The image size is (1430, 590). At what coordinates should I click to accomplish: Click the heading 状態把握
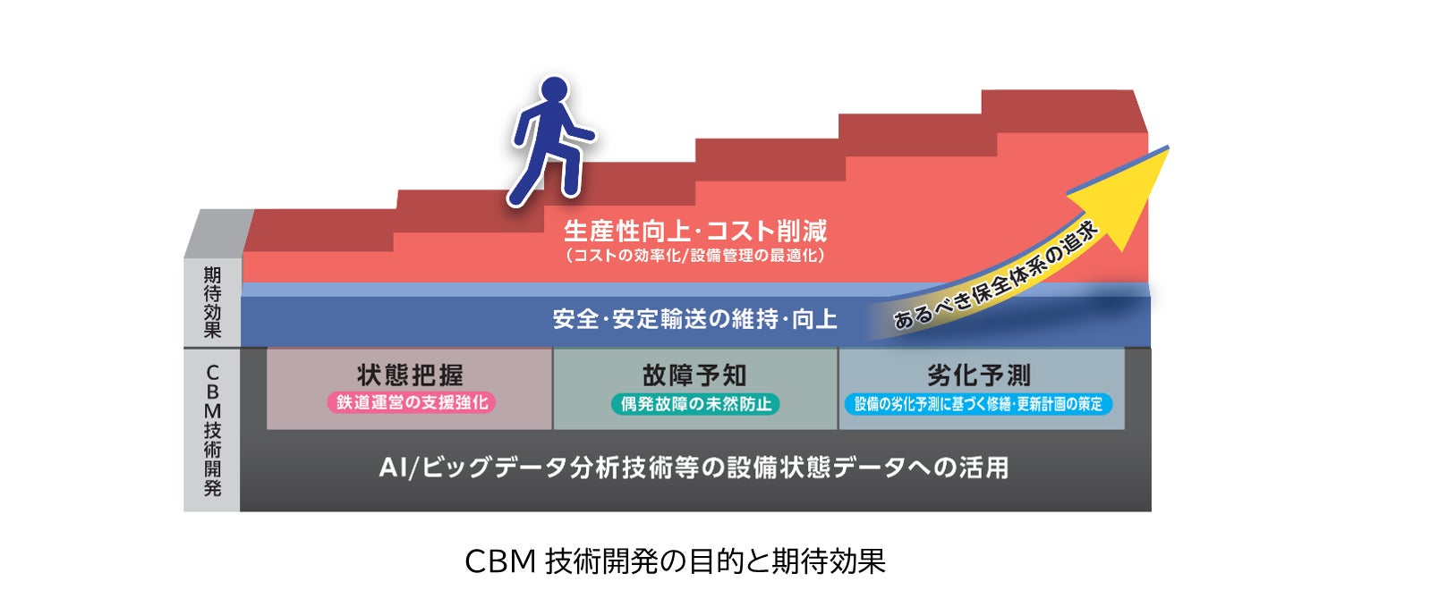tap(410, 375)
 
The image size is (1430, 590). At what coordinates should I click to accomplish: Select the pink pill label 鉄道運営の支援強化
tap(412, 403)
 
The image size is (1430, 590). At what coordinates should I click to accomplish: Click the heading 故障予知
tap(694, 375)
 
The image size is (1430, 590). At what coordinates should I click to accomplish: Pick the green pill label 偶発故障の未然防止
tap(695, 404)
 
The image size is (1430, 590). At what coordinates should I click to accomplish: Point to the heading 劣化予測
tap(979, 375)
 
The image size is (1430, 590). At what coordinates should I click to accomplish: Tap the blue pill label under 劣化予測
tap(978, 404)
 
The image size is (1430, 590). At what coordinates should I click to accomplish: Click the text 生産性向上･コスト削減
tap(694, 232)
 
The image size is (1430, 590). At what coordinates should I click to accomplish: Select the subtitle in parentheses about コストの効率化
tap(694, 256)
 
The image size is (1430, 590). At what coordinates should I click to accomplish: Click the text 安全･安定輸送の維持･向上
tap(694, 319)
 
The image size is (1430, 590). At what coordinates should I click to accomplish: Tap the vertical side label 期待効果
tap(212, 301)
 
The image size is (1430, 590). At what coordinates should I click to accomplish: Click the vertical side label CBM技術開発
tap(212, 429)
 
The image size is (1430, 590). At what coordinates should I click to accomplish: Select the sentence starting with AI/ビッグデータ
tap(694, 468)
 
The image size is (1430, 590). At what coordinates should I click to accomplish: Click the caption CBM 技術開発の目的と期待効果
tap(675, 561)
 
